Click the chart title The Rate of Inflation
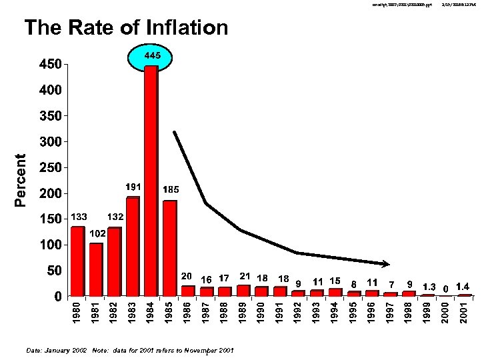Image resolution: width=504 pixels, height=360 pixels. pyautogui.click(x=126, y=28)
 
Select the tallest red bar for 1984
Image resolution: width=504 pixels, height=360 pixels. pyautogui.click(x=151, y=180)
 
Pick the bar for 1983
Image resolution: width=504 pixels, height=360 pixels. pyautogui.click(x=133, y=247)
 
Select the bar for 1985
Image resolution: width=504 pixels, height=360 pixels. pyautogui.click(x=170, y=248)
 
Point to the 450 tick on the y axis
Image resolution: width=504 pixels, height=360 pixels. pyautogui.click(x=48, y=65)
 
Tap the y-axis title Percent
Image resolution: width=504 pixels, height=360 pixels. pyautogui.click(x=21, y=180)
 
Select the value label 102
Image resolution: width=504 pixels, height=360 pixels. pyautogui.click(x=97, y=234)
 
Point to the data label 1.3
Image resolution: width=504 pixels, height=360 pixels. pyautogui.click(x=429, y=287)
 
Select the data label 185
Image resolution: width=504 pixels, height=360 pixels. pyautogui.click(x=171, y=190)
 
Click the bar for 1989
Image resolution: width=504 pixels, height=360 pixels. pyautogui.click(x=243, y=291)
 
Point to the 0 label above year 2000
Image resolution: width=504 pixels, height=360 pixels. pyautogui.click(x=445, y=288)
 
